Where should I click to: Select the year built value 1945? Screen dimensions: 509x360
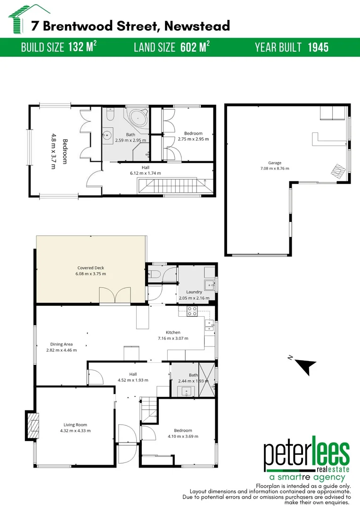[x=318, y=48]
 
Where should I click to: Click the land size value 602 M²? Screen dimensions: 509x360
[x=195, y=48]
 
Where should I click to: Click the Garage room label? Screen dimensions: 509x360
[x=274, y=163]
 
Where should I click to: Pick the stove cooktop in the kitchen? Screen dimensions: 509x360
[x=192, y=311]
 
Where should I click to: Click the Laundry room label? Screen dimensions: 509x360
[x=194, y=292]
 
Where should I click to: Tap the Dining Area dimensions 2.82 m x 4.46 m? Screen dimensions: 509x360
[x=61, y=350]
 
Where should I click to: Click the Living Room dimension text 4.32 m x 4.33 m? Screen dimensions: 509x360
[x=75, y=431]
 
